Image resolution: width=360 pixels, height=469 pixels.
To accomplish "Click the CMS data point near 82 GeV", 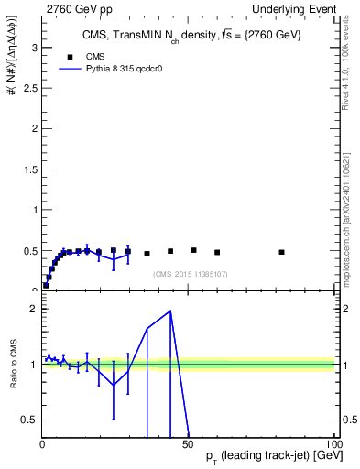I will pyautogui.click(x=281, y=252).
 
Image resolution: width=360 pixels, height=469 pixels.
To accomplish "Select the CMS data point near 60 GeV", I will pyautogui.click(x=217, y=252).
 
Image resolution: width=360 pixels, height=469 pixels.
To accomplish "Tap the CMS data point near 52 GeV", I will pyautogui.click(x=193, y=250).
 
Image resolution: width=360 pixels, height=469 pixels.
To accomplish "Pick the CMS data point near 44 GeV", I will pyautogui.click(x=170, y=251).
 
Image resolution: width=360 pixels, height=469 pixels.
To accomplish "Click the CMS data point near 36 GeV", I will pyautogui.click(x=147, y=254).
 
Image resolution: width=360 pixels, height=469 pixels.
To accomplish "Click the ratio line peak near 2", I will pyautogui.click(x=170, y=311).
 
